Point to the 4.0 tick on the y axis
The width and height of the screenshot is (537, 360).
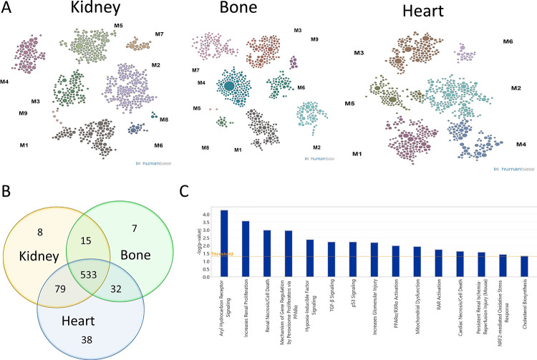(x=205, y=214)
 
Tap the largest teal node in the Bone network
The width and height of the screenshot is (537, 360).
(x=229, y=87)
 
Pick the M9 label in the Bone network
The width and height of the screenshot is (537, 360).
(x=314, y=39)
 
